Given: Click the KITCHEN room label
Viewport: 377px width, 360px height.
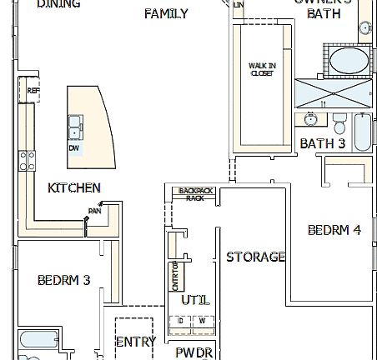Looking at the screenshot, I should point(74,188).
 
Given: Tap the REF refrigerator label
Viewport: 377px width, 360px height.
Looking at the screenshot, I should point(33,91).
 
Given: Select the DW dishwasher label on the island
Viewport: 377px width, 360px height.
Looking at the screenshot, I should point(74,148).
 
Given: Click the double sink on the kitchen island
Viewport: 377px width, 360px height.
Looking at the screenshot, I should point(75,126).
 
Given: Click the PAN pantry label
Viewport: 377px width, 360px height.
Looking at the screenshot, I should point(94,212).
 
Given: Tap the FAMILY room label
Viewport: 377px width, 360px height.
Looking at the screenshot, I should point(165,14).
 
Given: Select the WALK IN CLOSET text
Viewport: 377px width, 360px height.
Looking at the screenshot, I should point(262,70).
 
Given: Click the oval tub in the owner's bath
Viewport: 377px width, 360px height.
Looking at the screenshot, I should point(346,62).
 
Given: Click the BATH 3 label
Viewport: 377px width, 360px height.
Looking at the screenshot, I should point(322,143).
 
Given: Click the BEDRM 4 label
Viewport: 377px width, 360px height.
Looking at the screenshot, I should point(334,230).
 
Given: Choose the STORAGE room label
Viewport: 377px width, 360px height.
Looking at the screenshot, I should point(256,257).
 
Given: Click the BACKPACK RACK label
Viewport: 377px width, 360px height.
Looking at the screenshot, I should point(194,194).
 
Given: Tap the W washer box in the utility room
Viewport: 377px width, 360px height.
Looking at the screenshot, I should point(201,321).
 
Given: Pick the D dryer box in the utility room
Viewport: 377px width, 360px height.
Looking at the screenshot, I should point(180,321).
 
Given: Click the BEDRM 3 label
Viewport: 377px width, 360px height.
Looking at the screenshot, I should point(63,280).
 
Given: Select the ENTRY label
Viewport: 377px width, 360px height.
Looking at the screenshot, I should point(135,342).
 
